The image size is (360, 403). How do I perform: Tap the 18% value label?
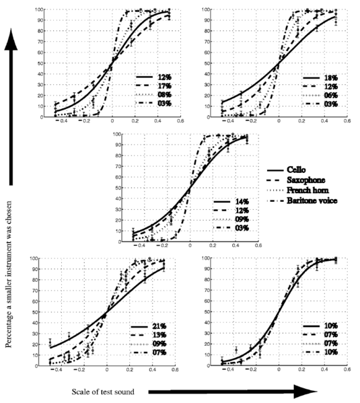[x=332, y=77]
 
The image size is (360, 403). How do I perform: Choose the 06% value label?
[x=332, y=95]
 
